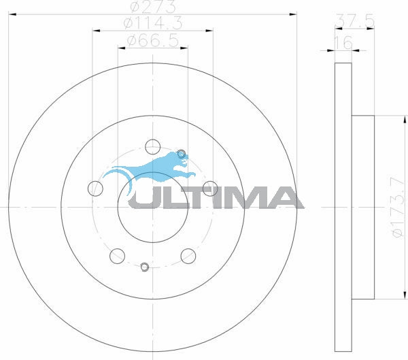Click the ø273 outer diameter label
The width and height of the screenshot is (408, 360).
tap(153, 6)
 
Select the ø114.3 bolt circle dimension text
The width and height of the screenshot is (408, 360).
tap(153, 23)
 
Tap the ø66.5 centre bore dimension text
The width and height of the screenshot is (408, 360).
tap(153, 41)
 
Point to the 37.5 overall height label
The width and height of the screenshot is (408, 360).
tap(355, 20)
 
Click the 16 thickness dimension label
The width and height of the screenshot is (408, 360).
tap(343, 42)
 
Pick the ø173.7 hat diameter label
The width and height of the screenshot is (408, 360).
tap(398, 207)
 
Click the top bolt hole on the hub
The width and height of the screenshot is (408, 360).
tap(152, 147)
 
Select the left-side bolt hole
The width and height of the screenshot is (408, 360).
tap(95, 189)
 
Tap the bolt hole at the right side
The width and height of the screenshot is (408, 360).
tap(210, 189)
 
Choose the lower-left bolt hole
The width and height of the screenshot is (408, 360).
tap(118, 256)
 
